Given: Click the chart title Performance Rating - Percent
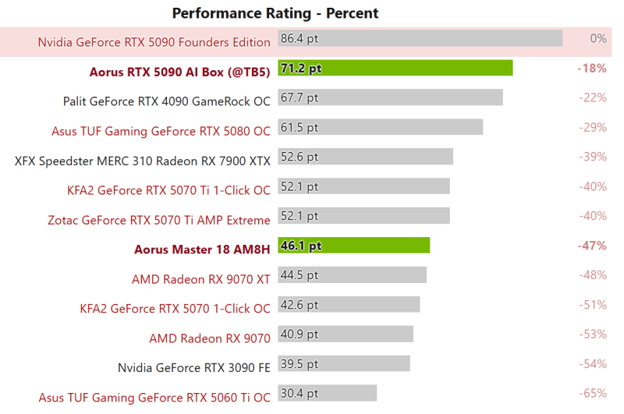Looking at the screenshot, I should (275, 12).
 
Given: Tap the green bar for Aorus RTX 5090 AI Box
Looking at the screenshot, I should (395, 68).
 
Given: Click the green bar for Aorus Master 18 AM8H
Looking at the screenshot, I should (353, 246).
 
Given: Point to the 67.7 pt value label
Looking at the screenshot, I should (300, 97).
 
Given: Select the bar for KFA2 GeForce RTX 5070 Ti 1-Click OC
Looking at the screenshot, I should (363, 186).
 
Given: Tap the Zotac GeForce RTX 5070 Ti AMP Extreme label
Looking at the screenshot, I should (159, 220).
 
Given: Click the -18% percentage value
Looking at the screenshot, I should (592, 68).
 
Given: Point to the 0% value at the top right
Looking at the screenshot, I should (598, 38).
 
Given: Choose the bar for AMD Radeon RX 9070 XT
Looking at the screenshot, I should (352, 275).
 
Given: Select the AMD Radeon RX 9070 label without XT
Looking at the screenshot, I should (210, 338).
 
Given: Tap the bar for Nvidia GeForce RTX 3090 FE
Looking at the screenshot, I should (343, 364).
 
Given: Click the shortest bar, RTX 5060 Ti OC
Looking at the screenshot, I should (327, 394).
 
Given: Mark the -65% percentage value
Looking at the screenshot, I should (593, 394).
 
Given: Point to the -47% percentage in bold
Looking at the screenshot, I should (592, 246).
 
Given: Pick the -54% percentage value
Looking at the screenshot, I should (593, 364).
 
